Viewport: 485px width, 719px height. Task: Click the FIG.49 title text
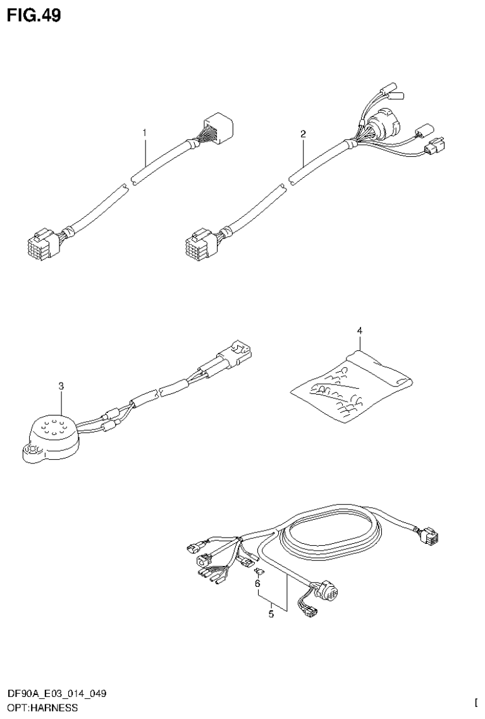click(x=35, y=15)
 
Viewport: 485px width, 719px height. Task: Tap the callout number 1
click(x=144, y=133)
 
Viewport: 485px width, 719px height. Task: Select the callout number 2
click(x=303, y=133)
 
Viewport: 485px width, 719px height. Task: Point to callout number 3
click(x=61, y=385)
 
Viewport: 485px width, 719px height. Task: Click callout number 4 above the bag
click(x=359, y=330)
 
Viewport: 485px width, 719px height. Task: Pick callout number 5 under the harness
click(x=271, y=613)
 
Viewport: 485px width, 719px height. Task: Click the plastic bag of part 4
click(x=351, y=384)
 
